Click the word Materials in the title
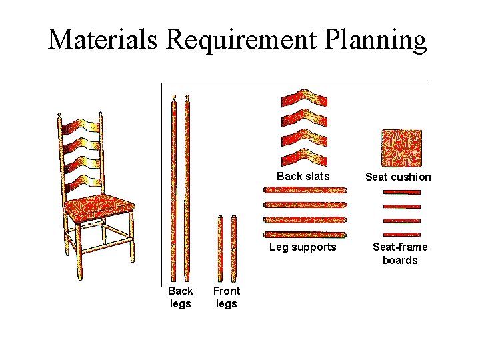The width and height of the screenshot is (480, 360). coord(103,39)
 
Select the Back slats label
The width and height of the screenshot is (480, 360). coord(303,176)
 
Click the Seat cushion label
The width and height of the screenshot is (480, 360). coord(398,177)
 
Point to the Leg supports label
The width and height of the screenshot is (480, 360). coord(303,247)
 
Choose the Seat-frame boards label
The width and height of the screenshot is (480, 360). coord(400,253)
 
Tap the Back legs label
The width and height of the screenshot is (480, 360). coord(180,297)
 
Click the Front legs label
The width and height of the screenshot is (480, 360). coord(227,297)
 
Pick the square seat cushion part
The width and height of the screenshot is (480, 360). coord(401,147)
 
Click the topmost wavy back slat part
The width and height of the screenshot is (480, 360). coord(305,98)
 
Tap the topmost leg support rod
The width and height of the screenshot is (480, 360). coord(305,191)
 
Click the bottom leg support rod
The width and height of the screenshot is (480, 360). coord(305,234)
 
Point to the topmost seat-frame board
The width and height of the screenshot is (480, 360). coord(402,191)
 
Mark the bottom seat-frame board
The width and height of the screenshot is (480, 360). coord(402,233)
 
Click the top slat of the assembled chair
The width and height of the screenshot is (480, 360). coord(82,125)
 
